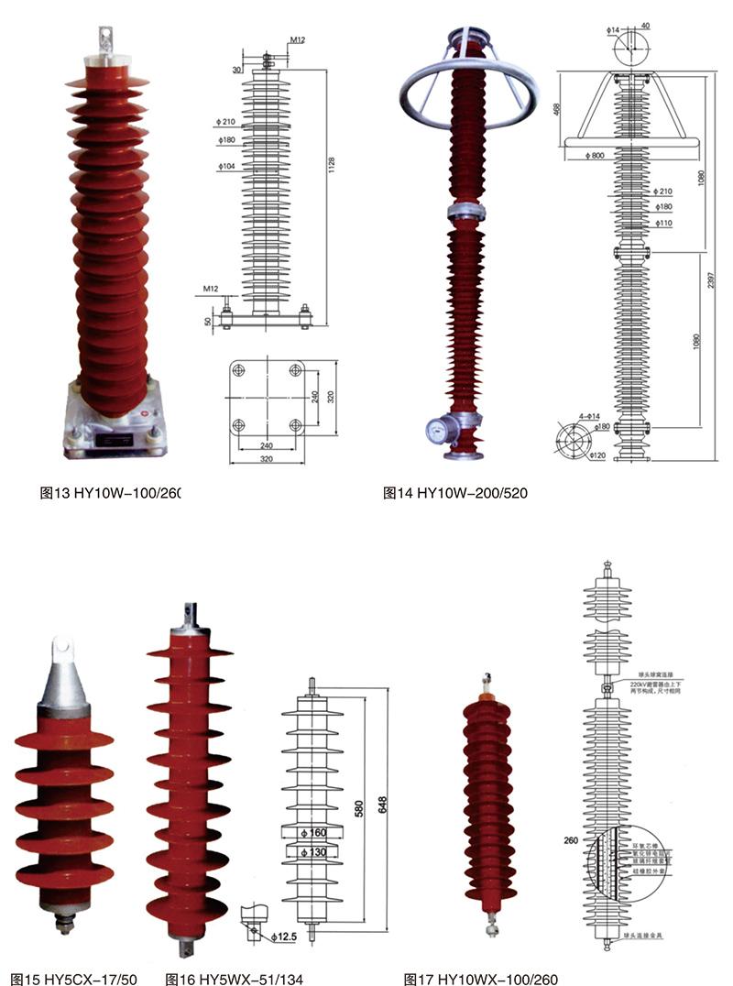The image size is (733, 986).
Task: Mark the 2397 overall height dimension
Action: pos(713,284)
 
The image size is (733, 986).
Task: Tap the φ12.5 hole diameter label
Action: pos(286,936)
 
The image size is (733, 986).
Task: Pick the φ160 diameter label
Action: pos(313,833)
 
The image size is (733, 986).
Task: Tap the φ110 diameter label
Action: pos(663,223)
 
